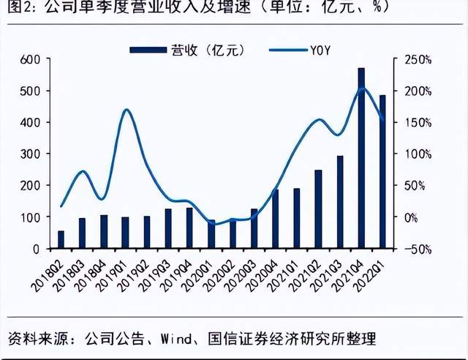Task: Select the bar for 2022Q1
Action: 382,172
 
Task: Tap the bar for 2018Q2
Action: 61,240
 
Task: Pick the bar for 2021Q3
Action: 340,203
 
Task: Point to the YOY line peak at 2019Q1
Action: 126,110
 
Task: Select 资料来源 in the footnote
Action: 33,339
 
